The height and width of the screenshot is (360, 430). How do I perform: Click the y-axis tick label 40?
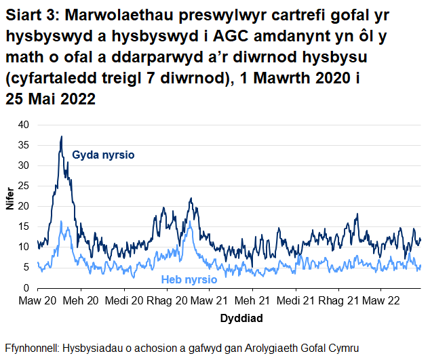click(24, 125)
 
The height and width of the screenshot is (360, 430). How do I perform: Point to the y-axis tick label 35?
click(24, 145)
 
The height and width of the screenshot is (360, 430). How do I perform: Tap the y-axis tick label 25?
click(24, 186)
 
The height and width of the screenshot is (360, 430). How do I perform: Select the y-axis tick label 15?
click(24, 226)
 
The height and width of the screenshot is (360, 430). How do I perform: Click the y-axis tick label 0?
click(26, 287)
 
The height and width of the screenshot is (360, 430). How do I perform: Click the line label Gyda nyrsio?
click(103, 155)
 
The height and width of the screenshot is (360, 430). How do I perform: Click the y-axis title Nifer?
click(9, 206)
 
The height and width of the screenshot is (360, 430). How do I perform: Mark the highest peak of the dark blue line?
click(61, 136)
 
